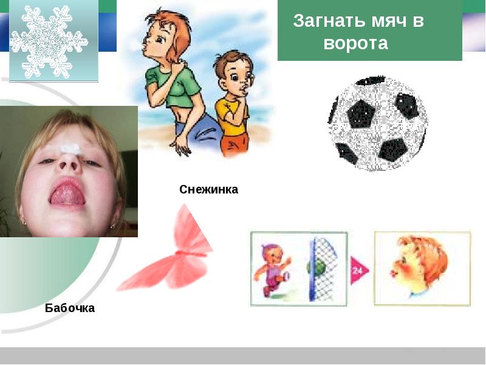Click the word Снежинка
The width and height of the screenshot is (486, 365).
coord(208,189)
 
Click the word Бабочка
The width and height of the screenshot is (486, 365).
coord(70,308)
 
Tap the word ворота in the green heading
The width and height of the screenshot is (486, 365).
coord(356,43)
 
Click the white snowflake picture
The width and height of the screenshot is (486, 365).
coord(49,41)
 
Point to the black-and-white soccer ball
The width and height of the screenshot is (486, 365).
coord(377,123)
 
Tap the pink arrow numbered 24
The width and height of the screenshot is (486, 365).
coord(359,270)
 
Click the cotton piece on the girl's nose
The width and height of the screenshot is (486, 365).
coord(71,149)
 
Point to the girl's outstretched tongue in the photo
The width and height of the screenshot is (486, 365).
coord(68,195)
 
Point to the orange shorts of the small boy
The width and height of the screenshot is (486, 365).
coord(234,144)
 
